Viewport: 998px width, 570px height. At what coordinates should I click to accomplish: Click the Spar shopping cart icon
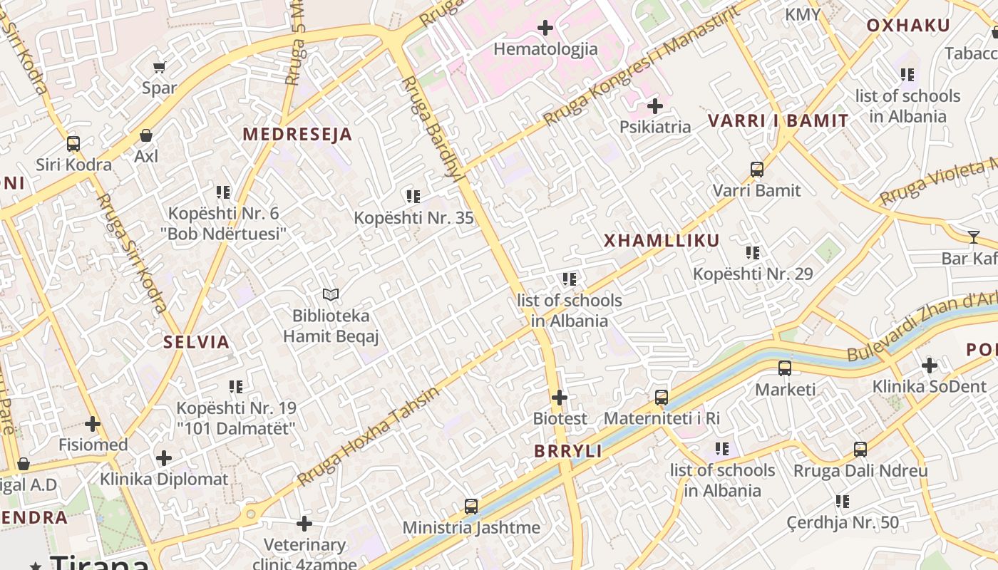(159, 67)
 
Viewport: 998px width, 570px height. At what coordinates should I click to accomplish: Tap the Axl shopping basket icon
(146, 135)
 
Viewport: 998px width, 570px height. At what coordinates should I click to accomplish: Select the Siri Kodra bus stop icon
(73, 144)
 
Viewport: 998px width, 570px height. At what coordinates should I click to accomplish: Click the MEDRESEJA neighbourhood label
(297, 134)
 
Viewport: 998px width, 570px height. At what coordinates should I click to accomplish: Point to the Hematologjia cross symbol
(545, 28)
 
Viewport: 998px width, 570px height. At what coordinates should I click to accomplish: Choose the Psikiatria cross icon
(655, 107)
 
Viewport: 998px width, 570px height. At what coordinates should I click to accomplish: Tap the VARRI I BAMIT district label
(778, 120)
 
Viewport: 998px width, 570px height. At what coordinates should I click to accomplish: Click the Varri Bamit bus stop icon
(757, 170)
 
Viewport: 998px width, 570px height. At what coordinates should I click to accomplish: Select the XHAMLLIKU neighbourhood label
(662, 241)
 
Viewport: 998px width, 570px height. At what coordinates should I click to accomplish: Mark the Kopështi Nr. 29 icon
(753, 253)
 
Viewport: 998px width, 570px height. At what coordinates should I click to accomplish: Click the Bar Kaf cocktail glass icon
(974, 237)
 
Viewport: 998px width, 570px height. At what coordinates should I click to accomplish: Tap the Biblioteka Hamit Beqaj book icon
(331, 294)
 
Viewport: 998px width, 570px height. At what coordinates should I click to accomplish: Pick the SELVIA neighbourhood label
(197, 342)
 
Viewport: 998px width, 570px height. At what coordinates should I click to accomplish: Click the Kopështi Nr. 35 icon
(413, 197)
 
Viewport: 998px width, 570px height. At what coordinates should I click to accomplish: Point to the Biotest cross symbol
(560, 398)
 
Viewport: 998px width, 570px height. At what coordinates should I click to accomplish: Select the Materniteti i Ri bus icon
(662, 398)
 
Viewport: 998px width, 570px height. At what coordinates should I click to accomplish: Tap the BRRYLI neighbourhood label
(568, 451)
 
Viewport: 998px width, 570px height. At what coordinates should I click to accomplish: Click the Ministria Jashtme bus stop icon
(471, 507)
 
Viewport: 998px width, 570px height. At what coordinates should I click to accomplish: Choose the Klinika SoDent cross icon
(930, 366)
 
